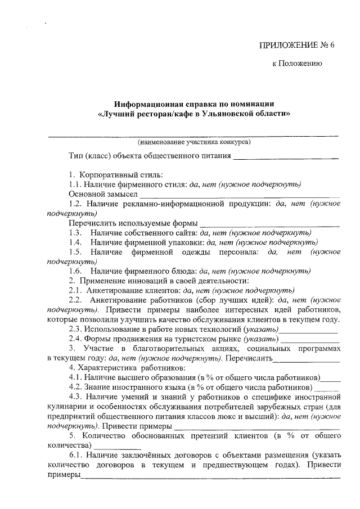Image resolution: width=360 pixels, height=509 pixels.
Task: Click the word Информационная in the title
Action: (x=146, y=104)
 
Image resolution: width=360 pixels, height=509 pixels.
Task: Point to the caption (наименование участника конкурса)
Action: (x=194, y=142)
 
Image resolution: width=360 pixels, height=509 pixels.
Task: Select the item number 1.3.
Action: (x=75, y=232)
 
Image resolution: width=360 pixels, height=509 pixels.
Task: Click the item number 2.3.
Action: (x=75, y=329)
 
